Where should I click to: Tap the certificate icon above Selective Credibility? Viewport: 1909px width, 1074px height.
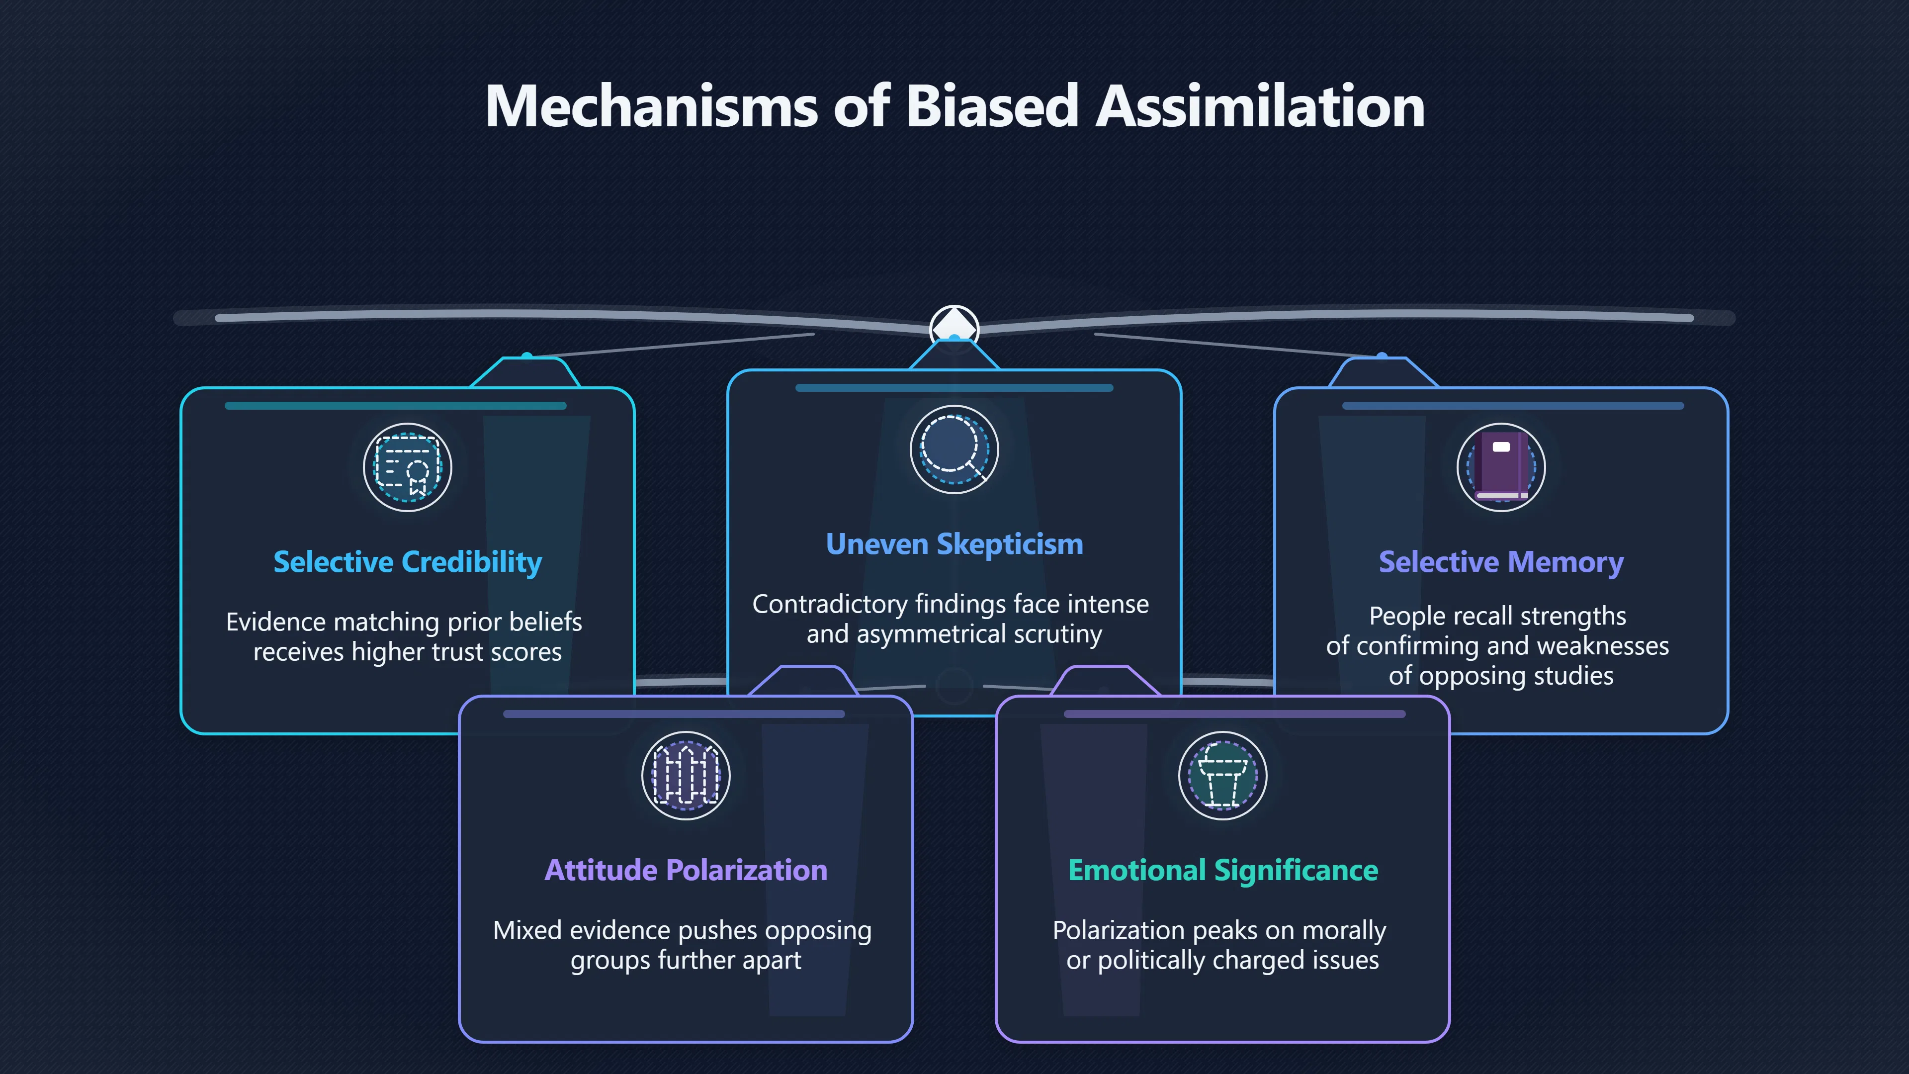pos(408,467)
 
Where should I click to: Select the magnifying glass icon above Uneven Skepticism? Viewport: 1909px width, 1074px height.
pos(954,449)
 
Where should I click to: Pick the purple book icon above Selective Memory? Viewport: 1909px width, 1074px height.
pos(1501,467)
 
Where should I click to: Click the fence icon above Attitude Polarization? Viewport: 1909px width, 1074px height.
pos(686,775)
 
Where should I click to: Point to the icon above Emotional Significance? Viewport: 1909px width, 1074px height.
pos(1223,775)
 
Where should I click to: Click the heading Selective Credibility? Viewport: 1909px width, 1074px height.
pos(408,562)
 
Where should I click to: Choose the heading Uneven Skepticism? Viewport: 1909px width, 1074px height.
pos(954,544)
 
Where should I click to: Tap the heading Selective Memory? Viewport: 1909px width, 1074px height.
pos(1501,562)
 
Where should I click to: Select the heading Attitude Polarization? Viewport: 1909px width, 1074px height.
pos(686,870)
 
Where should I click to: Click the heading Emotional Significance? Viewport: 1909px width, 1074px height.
pos(1223,870)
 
